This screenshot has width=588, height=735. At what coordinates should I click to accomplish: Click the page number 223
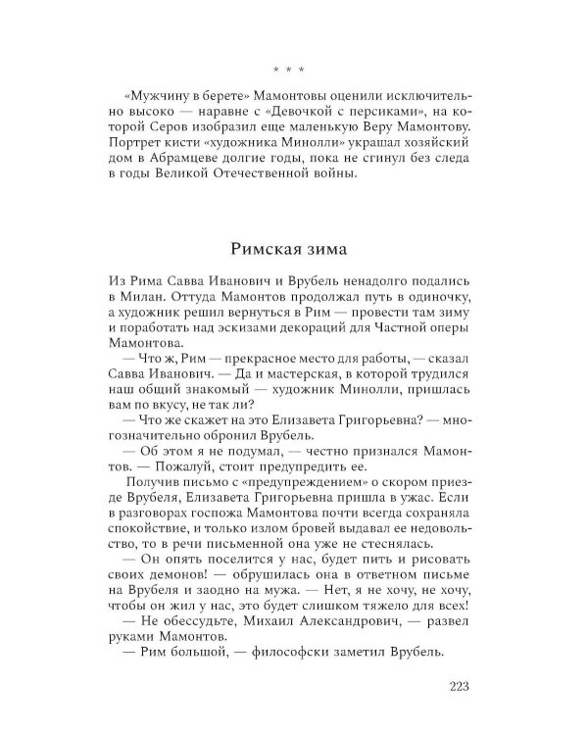(x=460, y=684)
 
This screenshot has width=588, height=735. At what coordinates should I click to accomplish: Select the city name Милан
(x=136, y=295)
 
